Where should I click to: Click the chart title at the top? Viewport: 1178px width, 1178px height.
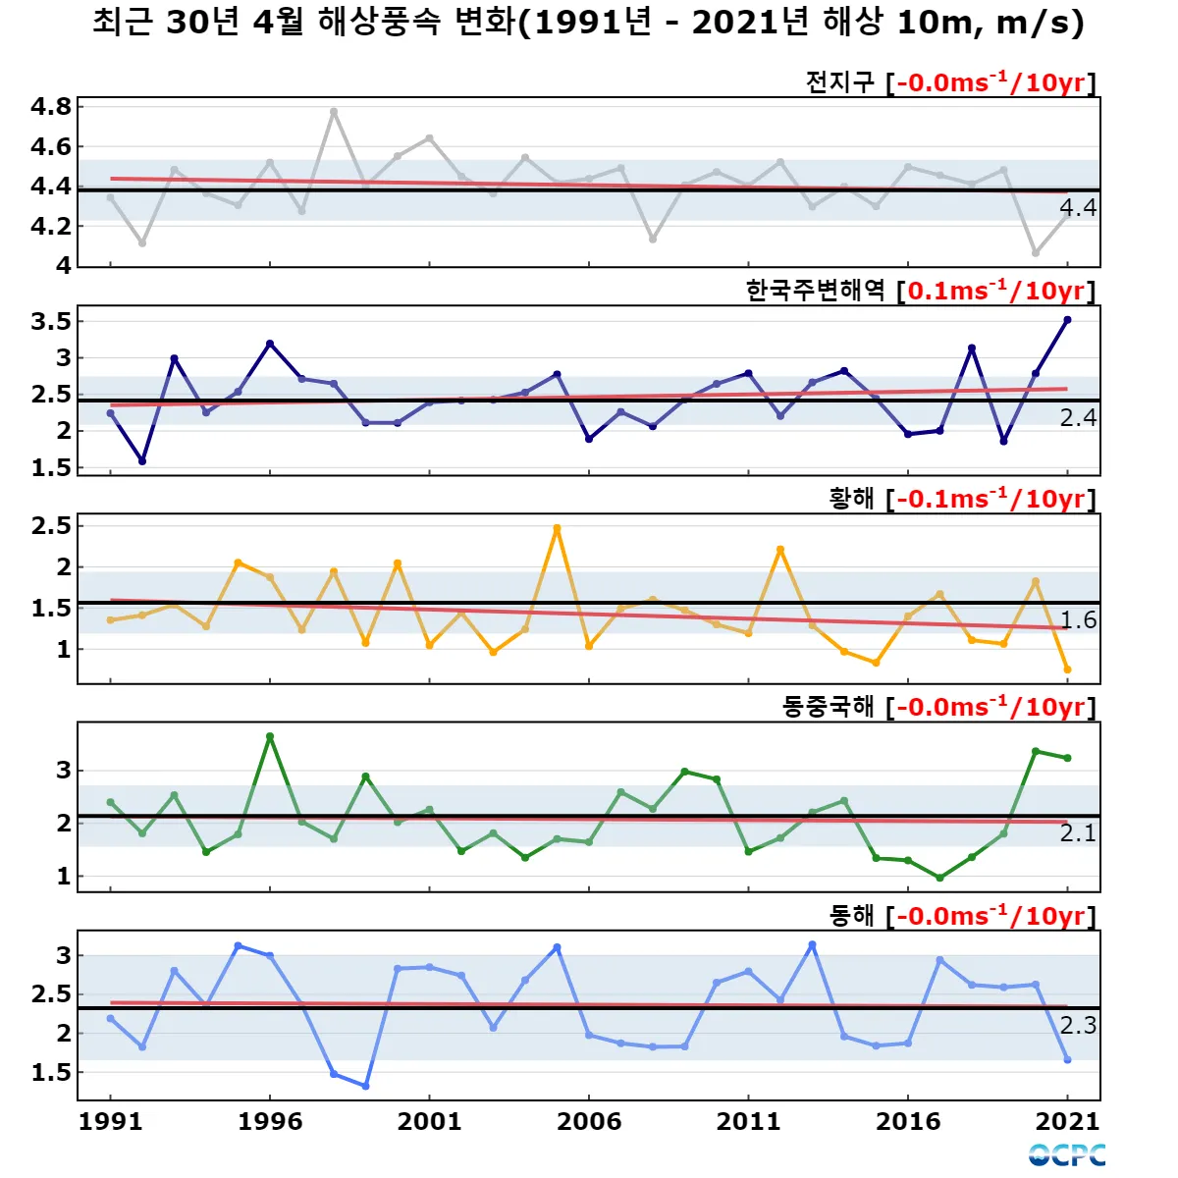pos(589,22)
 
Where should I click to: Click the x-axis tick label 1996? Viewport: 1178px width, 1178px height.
pos(270,1122)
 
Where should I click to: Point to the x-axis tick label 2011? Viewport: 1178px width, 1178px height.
pos(748,1122)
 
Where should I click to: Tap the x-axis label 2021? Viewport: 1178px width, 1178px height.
pos(1067,1122)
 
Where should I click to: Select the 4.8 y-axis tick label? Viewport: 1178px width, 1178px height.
pos(51,107)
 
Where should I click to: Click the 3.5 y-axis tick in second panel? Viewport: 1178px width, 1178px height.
pos(51,321)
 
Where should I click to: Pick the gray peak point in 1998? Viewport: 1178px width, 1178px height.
pos(334,112)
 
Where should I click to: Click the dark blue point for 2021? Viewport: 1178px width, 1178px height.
pos(1067,320)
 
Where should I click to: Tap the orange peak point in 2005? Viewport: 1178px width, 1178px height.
pos(557,528)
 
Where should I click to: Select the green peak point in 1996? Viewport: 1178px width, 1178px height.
pos(270,736)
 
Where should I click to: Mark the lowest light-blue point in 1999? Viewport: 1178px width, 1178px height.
pos(365,1086)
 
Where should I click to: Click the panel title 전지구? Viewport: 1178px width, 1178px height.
pos(839,82)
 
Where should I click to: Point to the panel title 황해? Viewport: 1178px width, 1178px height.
pos(851,499)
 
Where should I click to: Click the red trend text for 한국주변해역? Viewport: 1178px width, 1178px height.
pos(996,291)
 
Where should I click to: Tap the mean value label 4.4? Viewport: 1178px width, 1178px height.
pos(1078,208)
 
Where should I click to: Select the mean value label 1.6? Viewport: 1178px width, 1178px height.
pos(1078,620)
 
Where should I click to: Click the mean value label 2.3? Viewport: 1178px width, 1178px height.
pos(1078,1026)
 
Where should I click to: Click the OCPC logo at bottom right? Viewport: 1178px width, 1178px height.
pos(1067,1155)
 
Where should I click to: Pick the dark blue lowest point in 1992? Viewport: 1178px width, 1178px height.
pos(142,460)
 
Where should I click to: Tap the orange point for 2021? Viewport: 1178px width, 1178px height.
pos(1067,669)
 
